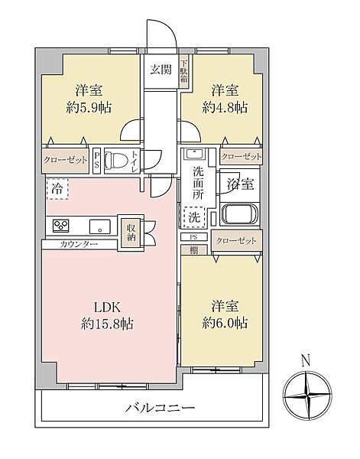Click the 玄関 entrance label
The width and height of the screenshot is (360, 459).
[x=161, y=70]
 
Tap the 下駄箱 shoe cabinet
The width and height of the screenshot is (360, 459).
[x=184, y=72]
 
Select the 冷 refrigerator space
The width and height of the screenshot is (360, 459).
[x=57, y=190]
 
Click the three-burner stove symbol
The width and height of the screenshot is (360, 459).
[x=61, y=226]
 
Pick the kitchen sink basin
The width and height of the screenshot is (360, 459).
[x=100, y=226]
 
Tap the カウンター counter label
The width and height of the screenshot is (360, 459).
[x=79, y=244]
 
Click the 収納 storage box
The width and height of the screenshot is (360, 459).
[x=131, y=233]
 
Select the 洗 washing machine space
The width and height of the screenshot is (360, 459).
[x=194, y=217]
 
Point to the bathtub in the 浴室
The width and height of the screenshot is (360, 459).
[x=239, y=214]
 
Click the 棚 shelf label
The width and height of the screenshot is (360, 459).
[x=193, y=250]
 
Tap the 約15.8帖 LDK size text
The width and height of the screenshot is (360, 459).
[x=107, y=324]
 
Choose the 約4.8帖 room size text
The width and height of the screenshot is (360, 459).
[x=225, y=108]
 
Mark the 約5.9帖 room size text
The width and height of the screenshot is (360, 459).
[x=89, y=108]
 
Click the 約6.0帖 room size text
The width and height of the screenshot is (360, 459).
[x=225, y=323]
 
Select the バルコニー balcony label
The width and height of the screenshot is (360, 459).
[x=161, y=408]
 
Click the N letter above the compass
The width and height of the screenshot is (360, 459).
[x=306, y=360]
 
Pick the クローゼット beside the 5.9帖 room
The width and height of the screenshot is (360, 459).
[x=66, y=160]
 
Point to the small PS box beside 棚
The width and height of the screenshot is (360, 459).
[x=194, y=237]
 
